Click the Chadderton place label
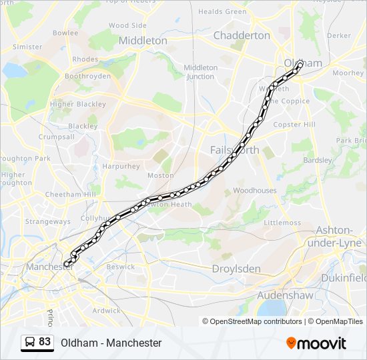[x=242, y=35]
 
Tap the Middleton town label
[x=143, y=41]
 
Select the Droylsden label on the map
[x=236, y=269]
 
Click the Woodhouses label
[x=255, y=191]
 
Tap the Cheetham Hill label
[x=71, y=194]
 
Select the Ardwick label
[x=106, y=311]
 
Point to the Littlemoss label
[x=282, y=223]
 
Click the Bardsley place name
[x=317, y=160]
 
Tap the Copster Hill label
[x=294, y=125]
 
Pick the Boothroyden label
[x=88, y=77]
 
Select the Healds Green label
[x=222, y=11]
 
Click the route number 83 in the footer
[x=45, y=342]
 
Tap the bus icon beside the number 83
[x=31, y=343]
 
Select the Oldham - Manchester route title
[x=111, y=343]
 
